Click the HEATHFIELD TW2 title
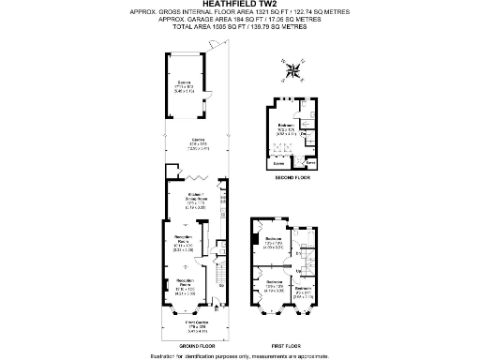click(x=240, y=5)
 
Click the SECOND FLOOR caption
click(x=291, y=176)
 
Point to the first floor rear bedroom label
click(x=275, y=243)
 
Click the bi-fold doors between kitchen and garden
click(x=197, y=176)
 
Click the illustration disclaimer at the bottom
click(x=240, y=354)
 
